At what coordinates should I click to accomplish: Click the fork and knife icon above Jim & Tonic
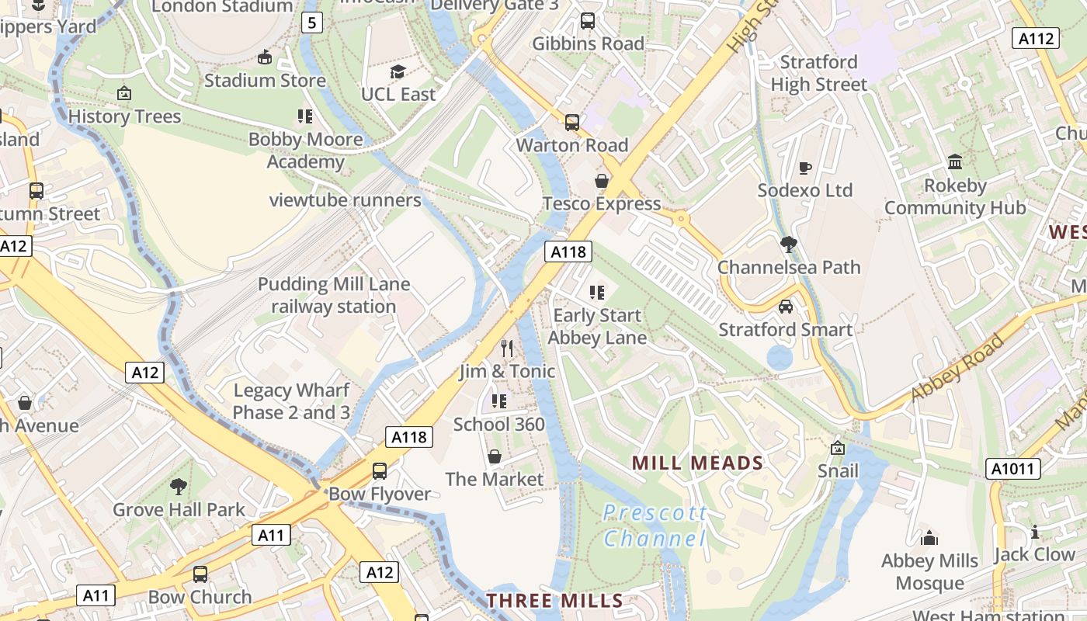point(507,348)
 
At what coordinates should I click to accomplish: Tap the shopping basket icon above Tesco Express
point(602,181)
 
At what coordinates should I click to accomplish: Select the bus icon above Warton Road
point(572,122)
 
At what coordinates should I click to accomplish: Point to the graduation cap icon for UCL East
point(398,71)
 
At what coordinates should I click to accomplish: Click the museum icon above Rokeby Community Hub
point(955,162)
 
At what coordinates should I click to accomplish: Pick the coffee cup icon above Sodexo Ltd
point(805,168)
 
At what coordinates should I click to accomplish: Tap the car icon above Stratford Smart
point(786,307)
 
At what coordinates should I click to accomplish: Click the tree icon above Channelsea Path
point(789,245)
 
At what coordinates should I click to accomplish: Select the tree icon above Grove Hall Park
point(179,487)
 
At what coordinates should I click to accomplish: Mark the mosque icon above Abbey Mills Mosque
point(929,538)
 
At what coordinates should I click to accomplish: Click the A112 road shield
point(1036,38)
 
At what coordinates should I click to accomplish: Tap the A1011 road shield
point(1012,469)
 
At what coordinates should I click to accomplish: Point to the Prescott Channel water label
point(655,526)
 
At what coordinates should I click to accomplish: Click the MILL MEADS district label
point(697,463)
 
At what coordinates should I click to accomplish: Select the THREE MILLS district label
point(554,600)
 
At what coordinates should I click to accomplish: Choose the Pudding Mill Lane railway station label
point(334,295)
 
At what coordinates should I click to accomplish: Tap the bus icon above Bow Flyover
point(380,470)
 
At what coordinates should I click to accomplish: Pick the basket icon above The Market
point(495,456)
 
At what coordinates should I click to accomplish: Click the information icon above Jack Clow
point(1035,532)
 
